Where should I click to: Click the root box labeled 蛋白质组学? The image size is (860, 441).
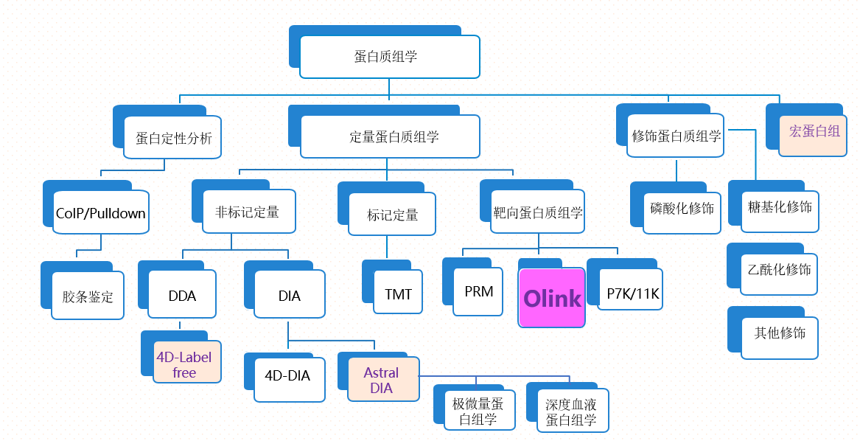pyautogui.click(x=389, y=57)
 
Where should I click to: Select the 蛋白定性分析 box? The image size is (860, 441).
pyautogui.click(x=173, y=138)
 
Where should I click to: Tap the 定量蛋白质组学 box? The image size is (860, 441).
pyautogui.click(x=390, y=136)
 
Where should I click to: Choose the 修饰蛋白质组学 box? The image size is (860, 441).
pyautogui.click(x=676, y=136)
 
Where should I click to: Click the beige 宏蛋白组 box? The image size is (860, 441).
pyautogui.click(x=814, y=132)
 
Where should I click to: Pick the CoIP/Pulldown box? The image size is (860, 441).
pyautogui.click(x=101, y=213)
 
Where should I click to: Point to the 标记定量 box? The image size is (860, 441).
pyautogui.click(x=392, y=215)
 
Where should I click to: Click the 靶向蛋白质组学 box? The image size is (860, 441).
pyautogui.click(x=538, y=212)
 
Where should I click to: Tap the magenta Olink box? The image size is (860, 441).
pyautogui.click(x=552, y=298)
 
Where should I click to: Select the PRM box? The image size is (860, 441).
pyautogui.click(x=478, y=291)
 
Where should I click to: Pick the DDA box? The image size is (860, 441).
pyautogui.click(x=182, y=295)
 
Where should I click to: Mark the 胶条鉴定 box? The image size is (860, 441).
pyautogui.click(x=88, y=296)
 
